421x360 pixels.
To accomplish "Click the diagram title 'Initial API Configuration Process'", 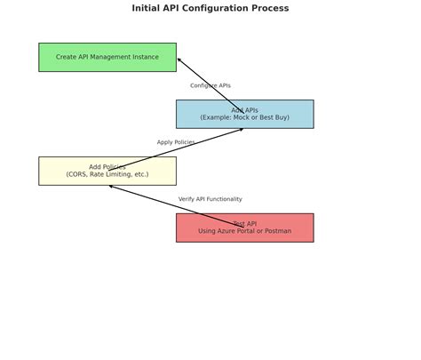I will pos(210,8).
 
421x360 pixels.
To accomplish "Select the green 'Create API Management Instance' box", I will pos(107,57).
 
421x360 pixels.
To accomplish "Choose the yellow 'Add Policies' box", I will pos(107,171).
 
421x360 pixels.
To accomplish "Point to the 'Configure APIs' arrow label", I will pos(210,85).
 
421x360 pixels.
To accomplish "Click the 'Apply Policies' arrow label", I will pos(176,142).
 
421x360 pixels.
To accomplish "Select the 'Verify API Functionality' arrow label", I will pos(210,199).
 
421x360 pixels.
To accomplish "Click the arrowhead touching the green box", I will pos(179,60).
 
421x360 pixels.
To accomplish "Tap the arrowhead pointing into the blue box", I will pos(241,130).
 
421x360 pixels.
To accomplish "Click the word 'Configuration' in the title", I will pos(222,8).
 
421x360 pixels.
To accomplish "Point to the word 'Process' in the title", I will pos(270,8).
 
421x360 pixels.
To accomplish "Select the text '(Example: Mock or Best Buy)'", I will pos(244,117).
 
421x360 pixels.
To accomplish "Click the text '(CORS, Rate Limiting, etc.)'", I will pos(107,174).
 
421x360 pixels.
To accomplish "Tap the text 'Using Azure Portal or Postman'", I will pos(244,231).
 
